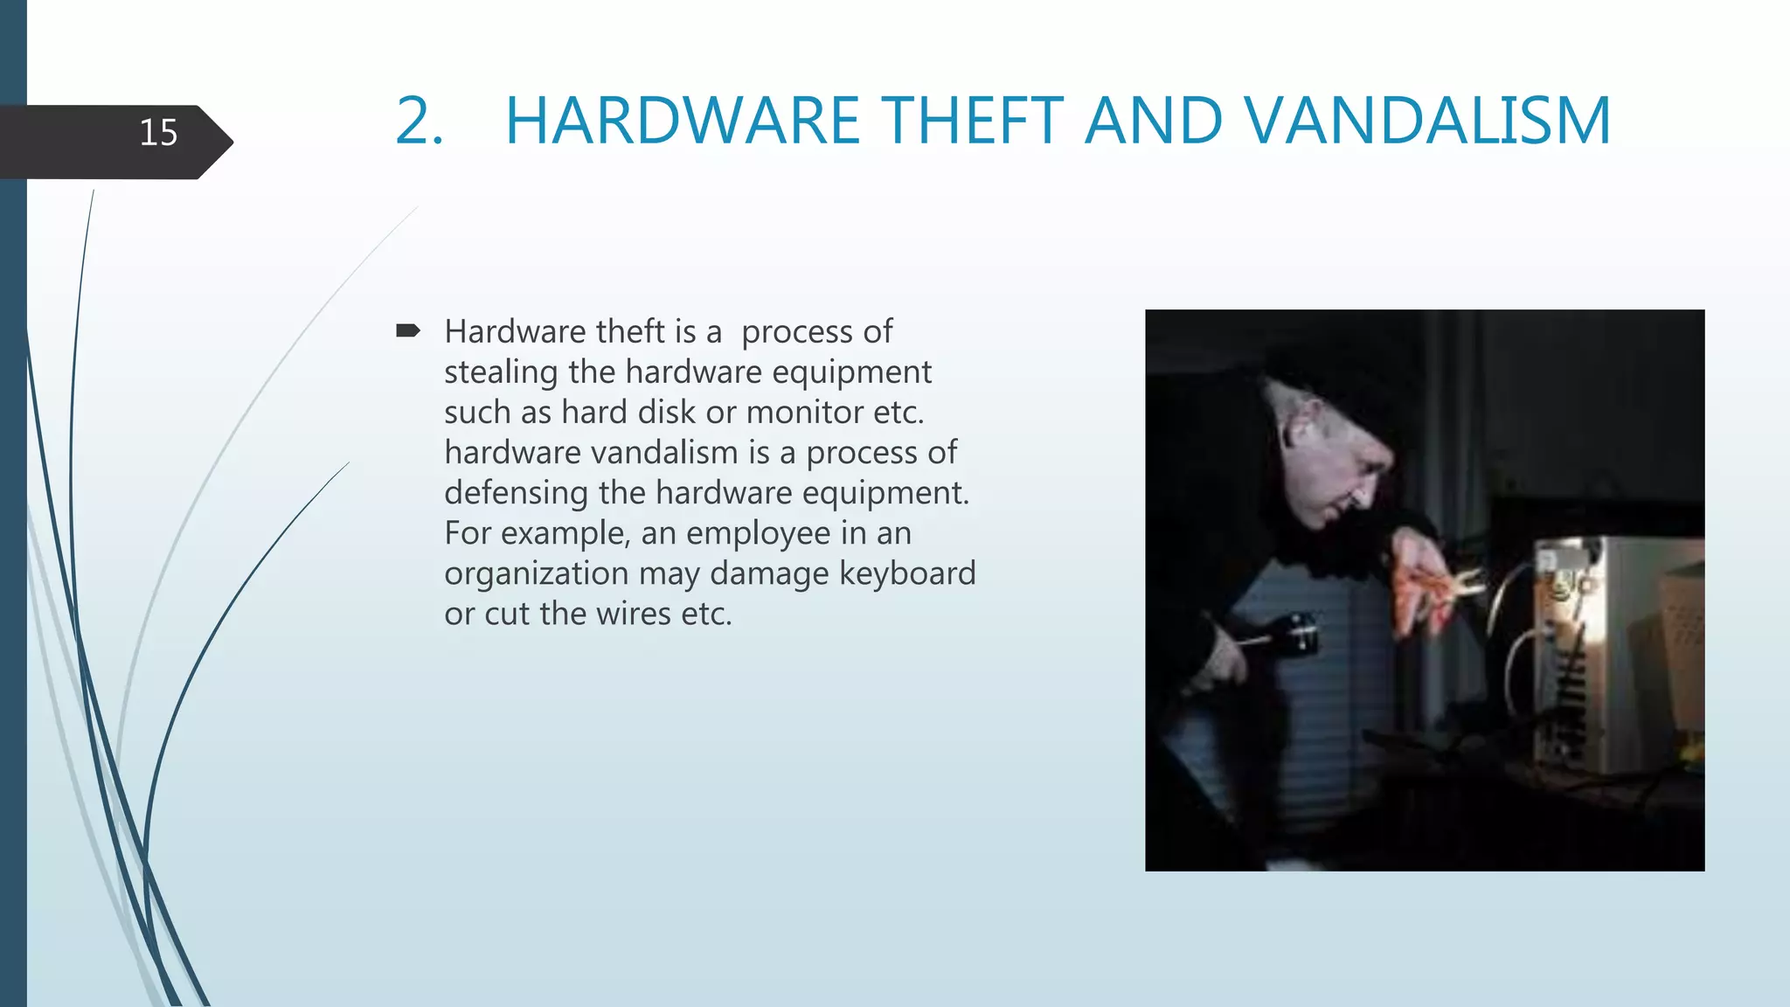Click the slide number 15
coord(158,133)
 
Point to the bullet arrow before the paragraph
coord(408,330)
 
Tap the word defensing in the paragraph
coord(516,493)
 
